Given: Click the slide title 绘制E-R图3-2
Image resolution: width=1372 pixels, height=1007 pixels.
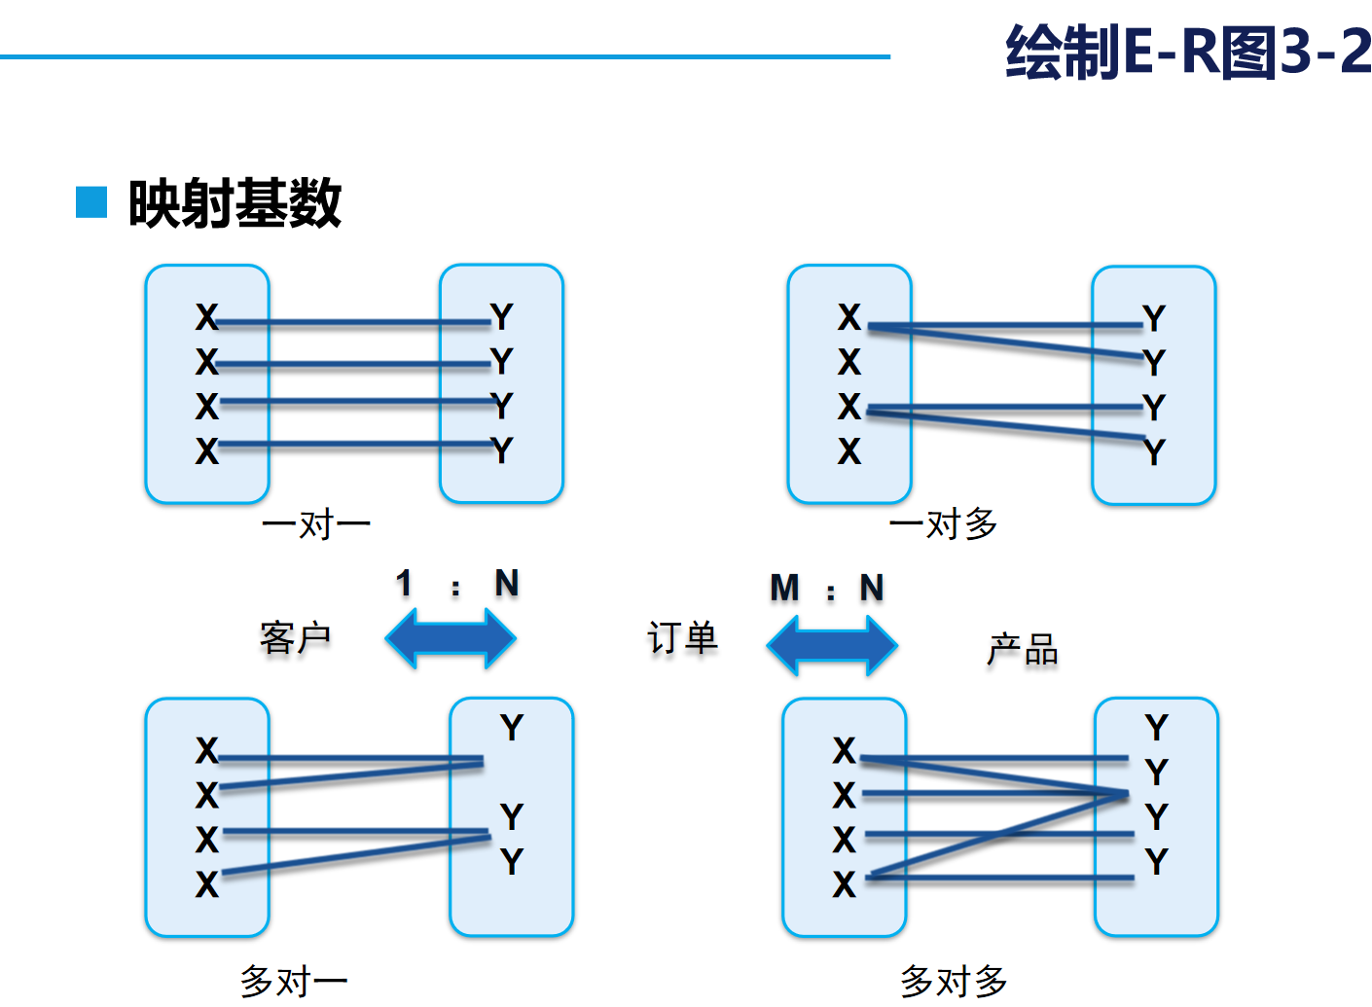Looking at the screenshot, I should tap(1188, 52).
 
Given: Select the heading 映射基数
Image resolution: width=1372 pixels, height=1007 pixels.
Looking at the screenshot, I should tap(235, 203).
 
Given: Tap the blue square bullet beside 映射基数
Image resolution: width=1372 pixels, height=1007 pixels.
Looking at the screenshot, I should tap(91, 201).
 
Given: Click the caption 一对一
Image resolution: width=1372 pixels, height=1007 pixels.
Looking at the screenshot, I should tap(316, 525).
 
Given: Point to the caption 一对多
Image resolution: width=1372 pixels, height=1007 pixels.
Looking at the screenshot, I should tap(943, 524).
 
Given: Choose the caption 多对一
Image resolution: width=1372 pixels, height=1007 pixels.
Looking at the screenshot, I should tap(294, 981).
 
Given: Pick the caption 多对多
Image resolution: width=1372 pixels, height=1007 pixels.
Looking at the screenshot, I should tap(954, 981).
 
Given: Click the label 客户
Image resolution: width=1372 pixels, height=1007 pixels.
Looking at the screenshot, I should tap(295, 638).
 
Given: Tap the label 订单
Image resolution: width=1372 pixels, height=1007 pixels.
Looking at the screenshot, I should tap(682, 638).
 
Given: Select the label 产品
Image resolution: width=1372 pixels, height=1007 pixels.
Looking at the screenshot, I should tap(1022, 649).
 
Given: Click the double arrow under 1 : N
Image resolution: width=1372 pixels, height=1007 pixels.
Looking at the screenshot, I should tap(451, 638).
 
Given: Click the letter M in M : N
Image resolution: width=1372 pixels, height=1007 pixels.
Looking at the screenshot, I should tap(784, 588).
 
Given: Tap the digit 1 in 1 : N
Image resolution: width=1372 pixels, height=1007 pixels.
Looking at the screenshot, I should tap(404, 583).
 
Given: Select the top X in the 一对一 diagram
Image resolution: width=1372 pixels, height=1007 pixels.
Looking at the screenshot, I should tap(206, 317).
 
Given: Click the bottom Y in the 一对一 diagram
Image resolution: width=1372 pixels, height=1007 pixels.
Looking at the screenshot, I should tap(501, 450).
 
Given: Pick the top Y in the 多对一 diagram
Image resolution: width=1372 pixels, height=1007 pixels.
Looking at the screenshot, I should tap(512, 728).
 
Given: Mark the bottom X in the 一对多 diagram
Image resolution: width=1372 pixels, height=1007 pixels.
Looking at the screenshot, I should tap(848, 451).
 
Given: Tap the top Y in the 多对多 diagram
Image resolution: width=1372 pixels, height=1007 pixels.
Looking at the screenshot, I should tap(1156, 728).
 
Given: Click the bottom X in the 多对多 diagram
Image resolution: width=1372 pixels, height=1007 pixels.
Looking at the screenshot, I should tap(844, 884).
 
